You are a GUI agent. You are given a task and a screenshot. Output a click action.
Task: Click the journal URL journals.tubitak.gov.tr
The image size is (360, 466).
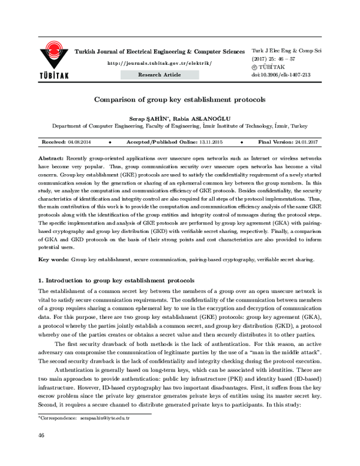[x=159, y=63]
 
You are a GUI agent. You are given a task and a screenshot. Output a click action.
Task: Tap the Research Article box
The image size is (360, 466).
[x=159, y=74]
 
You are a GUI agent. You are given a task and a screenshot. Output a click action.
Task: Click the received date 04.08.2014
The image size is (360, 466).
[x=80, y=142]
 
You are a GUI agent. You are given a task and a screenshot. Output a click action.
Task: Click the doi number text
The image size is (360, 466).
[x=281, y=75]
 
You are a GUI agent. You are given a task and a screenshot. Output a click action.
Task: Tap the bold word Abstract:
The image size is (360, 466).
[x=53, y=156]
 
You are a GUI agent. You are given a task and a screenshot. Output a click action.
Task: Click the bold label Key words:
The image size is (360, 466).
[x=53, y=259]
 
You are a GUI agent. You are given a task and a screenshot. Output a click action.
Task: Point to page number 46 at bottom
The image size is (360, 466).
[x=41, y=452]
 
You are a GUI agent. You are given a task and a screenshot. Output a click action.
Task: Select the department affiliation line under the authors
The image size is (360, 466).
[x=179, y=127]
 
